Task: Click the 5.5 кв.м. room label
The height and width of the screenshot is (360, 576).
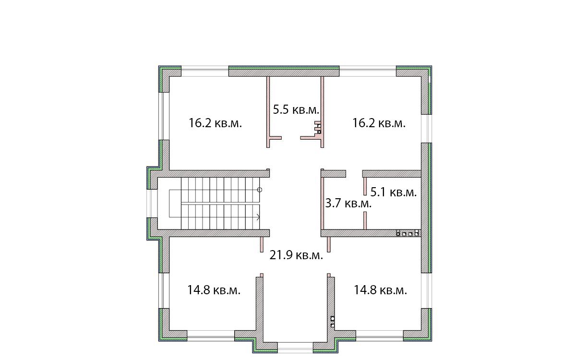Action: coord(296,110)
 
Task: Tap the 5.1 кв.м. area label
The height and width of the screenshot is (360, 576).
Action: coord(394,192)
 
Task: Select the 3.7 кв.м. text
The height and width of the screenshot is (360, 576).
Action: coord(348,203)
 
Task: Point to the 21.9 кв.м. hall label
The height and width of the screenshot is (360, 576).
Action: coord(296,255)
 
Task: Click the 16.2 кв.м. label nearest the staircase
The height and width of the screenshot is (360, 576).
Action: coord(215,123)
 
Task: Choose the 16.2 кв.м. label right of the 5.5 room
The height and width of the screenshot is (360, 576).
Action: coord(379,123)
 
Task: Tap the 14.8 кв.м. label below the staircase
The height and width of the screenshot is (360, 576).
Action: coord(214,290)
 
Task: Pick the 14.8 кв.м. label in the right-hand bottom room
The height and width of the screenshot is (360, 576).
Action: coord(381,290)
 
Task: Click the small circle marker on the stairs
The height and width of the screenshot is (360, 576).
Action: coord(260,190)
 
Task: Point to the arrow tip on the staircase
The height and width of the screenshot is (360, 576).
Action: coord(260,217)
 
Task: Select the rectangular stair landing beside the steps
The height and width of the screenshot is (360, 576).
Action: coord(175,204)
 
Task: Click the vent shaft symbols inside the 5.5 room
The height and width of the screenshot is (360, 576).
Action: coord(318,128)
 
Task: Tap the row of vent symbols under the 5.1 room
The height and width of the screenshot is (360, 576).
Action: coord(408,233)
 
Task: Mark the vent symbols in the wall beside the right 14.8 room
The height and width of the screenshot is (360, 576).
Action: coord(333,322)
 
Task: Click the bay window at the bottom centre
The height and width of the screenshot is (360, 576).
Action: coord(295,348)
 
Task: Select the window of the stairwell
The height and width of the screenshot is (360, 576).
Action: coord(152,204)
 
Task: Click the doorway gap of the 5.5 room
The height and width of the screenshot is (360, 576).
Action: coord(291,138)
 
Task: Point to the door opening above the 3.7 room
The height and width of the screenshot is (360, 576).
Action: coord(354,174)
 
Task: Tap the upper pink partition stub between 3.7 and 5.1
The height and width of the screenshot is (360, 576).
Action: coord(365,186)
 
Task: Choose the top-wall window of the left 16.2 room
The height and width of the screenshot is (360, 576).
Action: coord(205,71)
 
